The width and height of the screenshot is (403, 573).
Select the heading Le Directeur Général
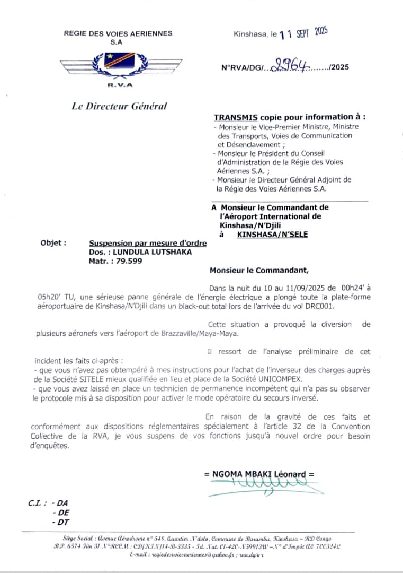pyautogui.click(x=119, y=106)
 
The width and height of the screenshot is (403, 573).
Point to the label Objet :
pyautogui.click(x=53, y=243)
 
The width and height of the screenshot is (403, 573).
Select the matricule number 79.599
pyautogui.click(x=127, y=261)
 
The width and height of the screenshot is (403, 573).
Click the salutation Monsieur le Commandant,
pyautogui.click(x=258, y=270)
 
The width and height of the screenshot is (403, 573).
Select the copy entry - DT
pyautogui.click(x=60, y=523)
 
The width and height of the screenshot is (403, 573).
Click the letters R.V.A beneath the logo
pyautogui.click(x=120, y=85)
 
